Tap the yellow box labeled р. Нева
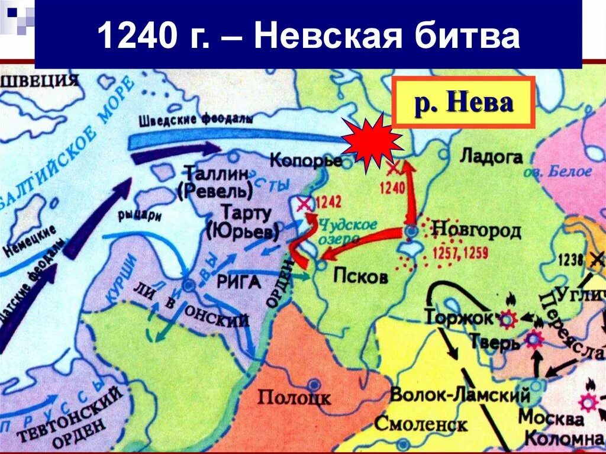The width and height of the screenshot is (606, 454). coord(463,102)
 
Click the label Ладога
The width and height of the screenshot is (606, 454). coord(491,157)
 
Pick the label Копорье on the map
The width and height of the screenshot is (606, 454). coord(305,160)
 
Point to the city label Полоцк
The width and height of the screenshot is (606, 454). coord(294,397)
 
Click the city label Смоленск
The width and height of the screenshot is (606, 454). coord(421,423)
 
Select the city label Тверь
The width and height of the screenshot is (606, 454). coord(486,342)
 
